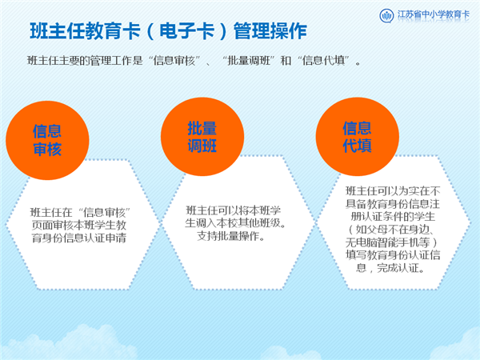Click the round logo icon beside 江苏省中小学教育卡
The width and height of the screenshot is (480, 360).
coord(386,15)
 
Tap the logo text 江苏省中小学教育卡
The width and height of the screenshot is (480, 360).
coord(433,14)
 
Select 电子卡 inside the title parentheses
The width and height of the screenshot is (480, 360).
coord(186,31)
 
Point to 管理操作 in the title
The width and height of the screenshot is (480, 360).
coord(270,31)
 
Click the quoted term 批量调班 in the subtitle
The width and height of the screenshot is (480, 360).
coord(249,61)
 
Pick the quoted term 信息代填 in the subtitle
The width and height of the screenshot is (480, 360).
coord(323,61)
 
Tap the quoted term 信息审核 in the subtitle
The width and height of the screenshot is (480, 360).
coord(174,61)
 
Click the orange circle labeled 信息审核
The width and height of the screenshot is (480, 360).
coord(47,140)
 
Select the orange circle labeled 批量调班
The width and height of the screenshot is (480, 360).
coord(202,137)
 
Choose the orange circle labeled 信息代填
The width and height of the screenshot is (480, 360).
coord(358,137)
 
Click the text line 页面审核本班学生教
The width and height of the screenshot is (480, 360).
coord(79,225)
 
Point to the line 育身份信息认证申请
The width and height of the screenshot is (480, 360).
coord(79,238)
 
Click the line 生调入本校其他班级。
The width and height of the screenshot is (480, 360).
coord(235,223)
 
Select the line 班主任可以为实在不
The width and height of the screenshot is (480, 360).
coord(393,190)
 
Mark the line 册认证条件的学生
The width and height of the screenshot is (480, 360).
coord(393,217)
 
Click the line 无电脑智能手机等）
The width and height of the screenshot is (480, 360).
coord(391,242)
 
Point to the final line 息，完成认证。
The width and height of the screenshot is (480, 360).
coord(390,268)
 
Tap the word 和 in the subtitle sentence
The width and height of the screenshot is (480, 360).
coord(286,61)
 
